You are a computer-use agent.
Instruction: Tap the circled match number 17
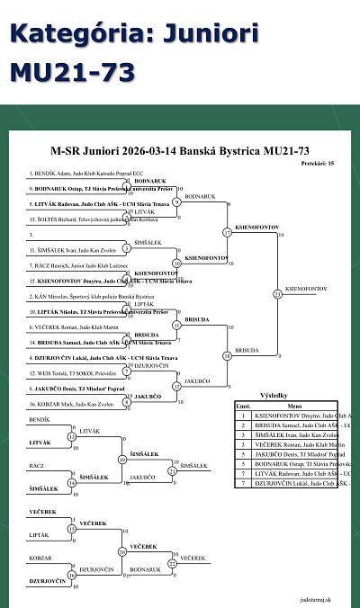coord(227,233)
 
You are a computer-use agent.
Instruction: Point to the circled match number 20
coord(123,552)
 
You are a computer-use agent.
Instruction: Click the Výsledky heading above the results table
coord(273,395)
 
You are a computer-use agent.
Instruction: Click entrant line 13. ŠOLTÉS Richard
coord(81,219)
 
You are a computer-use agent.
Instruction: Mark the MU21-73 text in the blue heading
coord(72,71)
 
